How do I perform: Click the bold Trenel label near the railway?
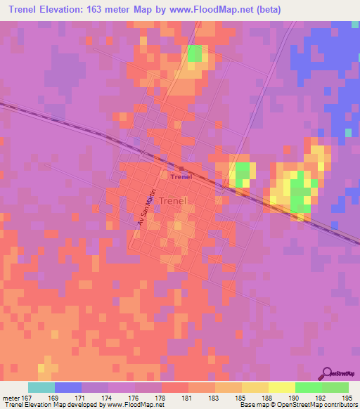click(x=181, y=176)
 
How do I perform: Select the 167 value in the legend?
click(x=29, y=397)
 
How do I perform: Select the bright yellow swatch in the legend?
click(x=281, y=387)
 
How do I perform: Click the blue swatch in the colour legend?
click(x=68, y=387)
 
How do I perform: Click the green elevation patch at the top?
click(x=195, y=53)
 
